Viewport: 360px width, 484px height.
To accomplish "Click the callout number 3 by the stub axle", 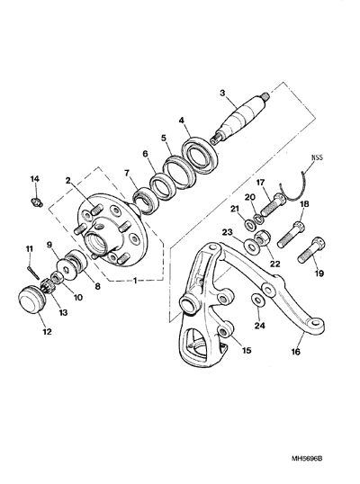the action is point(222,93).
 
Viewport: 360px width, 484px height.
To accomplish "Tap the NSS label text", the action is point(317,157).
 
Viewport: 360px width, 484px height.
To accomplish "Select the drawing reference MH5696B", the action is point(307,450).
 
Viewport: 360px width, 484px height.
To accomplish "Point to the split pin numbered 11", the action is point(32,271).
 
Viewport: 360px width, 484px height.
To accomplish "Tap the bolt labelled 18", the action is point(290,234).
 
